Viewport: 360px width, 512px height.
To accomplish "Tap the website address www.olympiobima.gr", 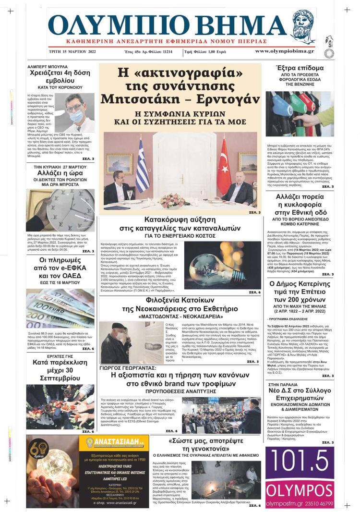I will [x=285, y=51].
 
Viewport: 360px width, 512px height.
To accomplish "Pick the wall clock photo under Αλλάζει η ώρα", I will [x=60, y=210].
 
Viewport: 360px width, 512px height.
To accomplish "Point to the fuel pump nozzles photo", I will [x=300, y=114].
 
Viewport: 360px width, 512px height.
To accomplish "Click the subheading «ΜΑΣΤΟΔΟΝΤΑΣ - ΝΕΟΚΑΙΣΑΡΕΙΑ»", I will [x=181, y=317].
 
